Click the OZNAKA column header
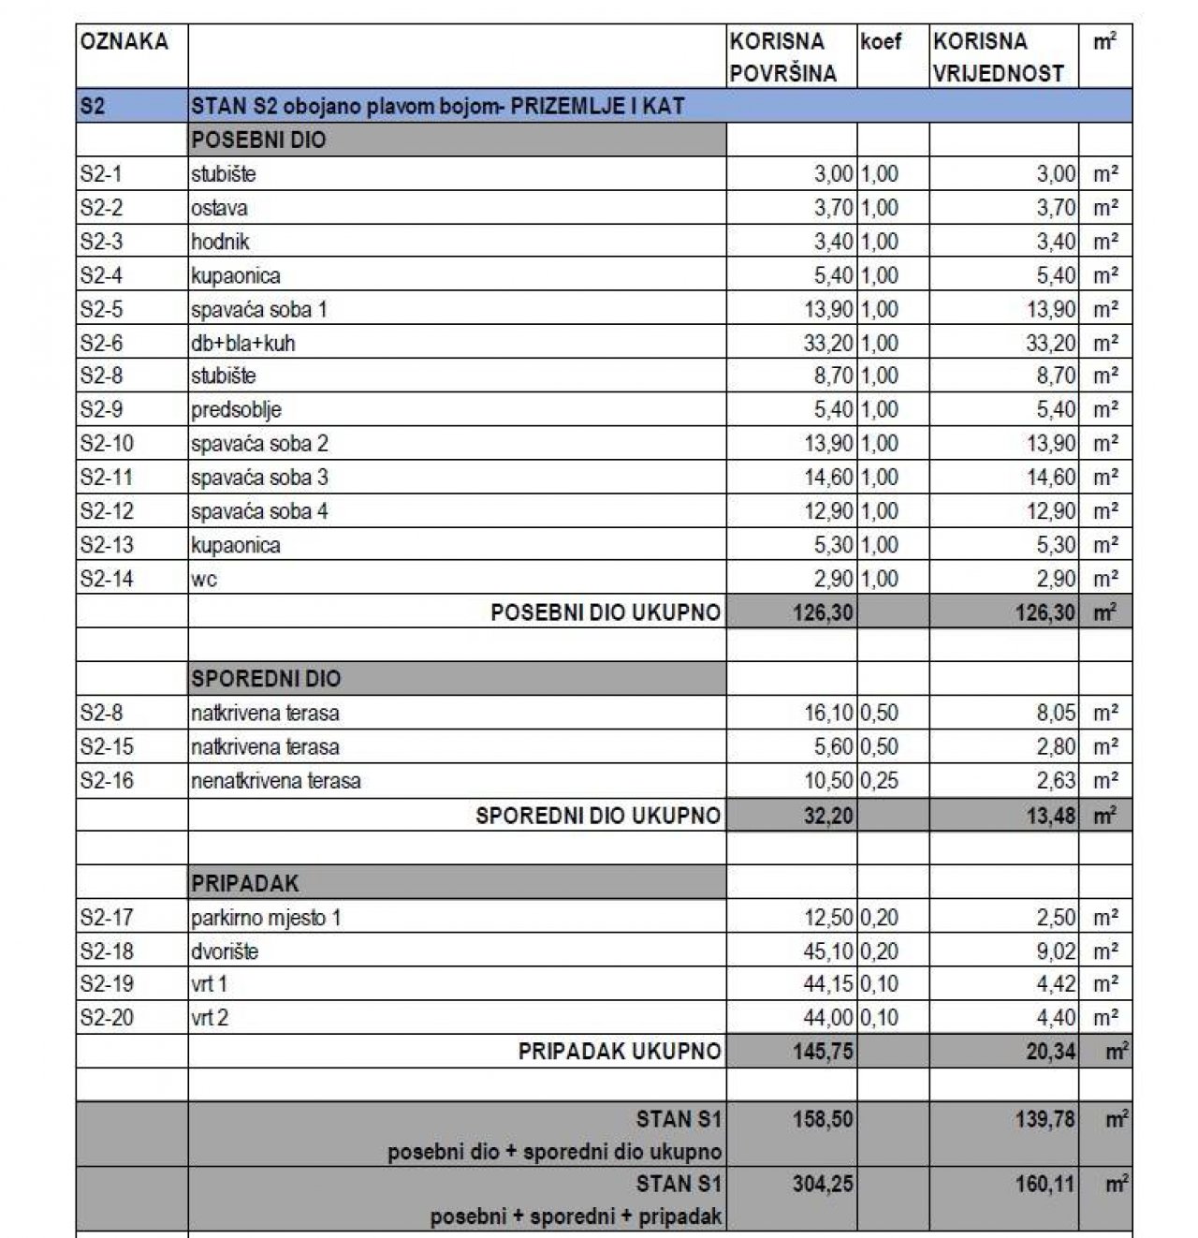[124, 42]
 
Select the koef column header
[881, 42]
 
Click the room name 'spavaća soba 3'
[259, 478]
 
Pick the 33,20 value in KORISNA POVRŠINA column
[828, 344]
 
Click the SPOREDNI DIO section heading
[266, 679]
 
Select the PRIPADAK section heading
[246, 883]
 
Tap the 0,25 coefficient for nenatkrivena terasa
[879, 781]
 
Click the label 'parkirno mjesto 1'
[266, 918]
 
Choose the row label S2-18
[107, 951]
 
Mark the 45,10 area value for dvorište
[828, 951]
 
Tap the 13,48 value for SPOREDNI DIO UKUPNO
[1050, 816]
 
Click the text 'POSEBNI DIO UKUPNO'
[606, 613]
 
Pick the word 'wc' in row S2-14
[204, 580]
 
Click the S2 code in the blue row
[93, 107]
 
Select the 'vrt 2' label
[210, 1018]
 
